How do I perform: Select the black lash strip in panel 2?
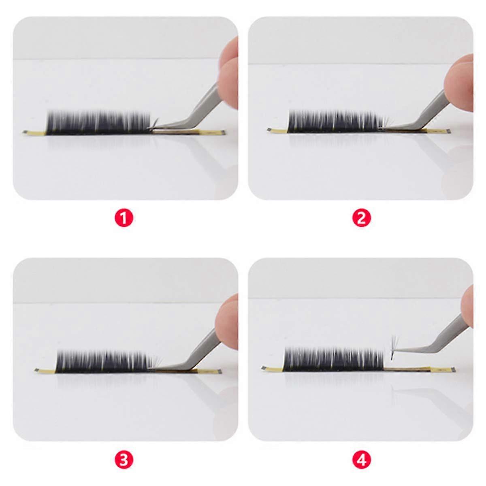(336, 122)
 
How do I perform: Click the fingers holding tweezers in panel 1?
(229, 73)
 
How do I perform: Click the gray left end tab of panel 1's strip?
(25, 132)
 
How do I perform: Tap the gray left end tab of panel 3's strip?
(37, 370)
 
